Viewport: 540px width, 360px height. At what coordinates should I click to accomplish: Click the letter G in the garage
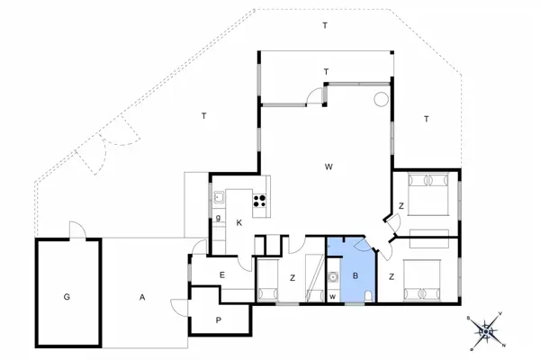pos(67,296)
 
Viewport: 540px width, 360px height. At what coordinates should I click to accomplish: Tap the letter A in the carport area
pos(142,296)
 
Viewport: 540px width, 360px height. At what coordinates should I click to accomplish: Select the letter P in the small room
pos(219,320)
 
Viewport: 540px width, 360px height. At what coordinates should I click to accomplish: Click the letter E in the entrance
pos(221,275)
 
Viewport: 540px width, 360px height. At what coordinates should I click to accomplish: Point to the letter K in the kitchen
pos(238,222)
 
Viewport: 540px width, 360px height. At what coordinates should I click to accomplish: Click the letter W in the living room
pos(329,166)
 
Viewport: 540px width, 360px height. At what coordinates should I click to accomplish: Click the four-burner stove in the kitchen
pos(261,202)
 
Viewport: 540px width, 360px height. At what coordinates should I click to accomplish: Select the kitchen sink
pos(219,198)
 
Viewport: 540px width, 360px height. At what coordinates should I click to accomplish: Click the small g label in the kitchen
pos(219,218)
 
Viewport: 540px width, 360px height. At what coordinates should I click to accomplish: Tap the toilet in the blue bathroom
pos(370,295)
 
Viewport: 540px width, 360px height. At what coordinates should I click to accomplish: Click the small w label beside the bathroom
pos(332,296)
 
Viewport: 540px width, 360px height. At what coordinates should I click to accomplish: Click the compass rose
pos(486,331)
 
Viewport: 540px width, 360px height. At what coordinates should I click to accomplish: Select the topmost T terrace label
pos(325,25)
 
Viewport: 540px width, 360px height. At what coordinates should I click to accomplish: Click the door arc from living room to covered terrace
pos(313,94)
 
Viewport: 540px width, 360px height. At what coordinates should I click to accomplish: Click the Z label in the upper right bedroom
pos(401,206)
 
